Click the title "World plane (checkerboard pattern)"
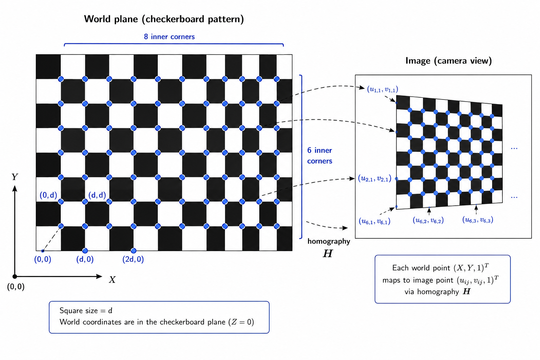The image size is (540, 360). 164,19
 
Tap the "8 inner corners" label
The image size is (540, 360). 169,37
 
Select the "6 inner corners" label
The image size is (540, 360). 320,155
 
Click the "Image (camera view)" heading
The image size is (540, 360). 448,60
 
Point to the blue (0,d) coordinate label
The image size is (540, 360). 48,195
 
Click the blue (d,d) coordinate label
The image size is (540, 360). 97,195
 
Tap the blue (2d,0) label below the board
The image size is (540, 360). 133,259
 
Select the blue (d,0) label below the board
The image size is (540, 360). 85,259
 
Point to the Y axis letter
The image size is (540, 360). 15,177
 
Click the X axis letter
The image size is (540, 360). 112,279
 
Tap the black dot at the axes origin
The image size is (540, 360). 15,276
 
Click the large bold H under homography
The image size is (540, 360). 328,253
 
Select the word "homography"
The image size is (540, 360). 329,242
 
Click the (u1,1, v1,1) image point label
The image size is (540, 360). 382,89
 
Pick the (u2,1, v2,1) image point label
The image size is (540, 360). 374,179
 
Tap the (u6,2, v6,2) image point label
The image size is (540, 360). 428,220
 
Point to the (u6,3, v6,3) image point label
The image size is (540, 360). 477,220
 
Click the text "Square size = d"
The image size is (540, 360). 86,310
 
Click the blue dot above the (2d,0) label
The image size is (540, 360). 133,251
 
